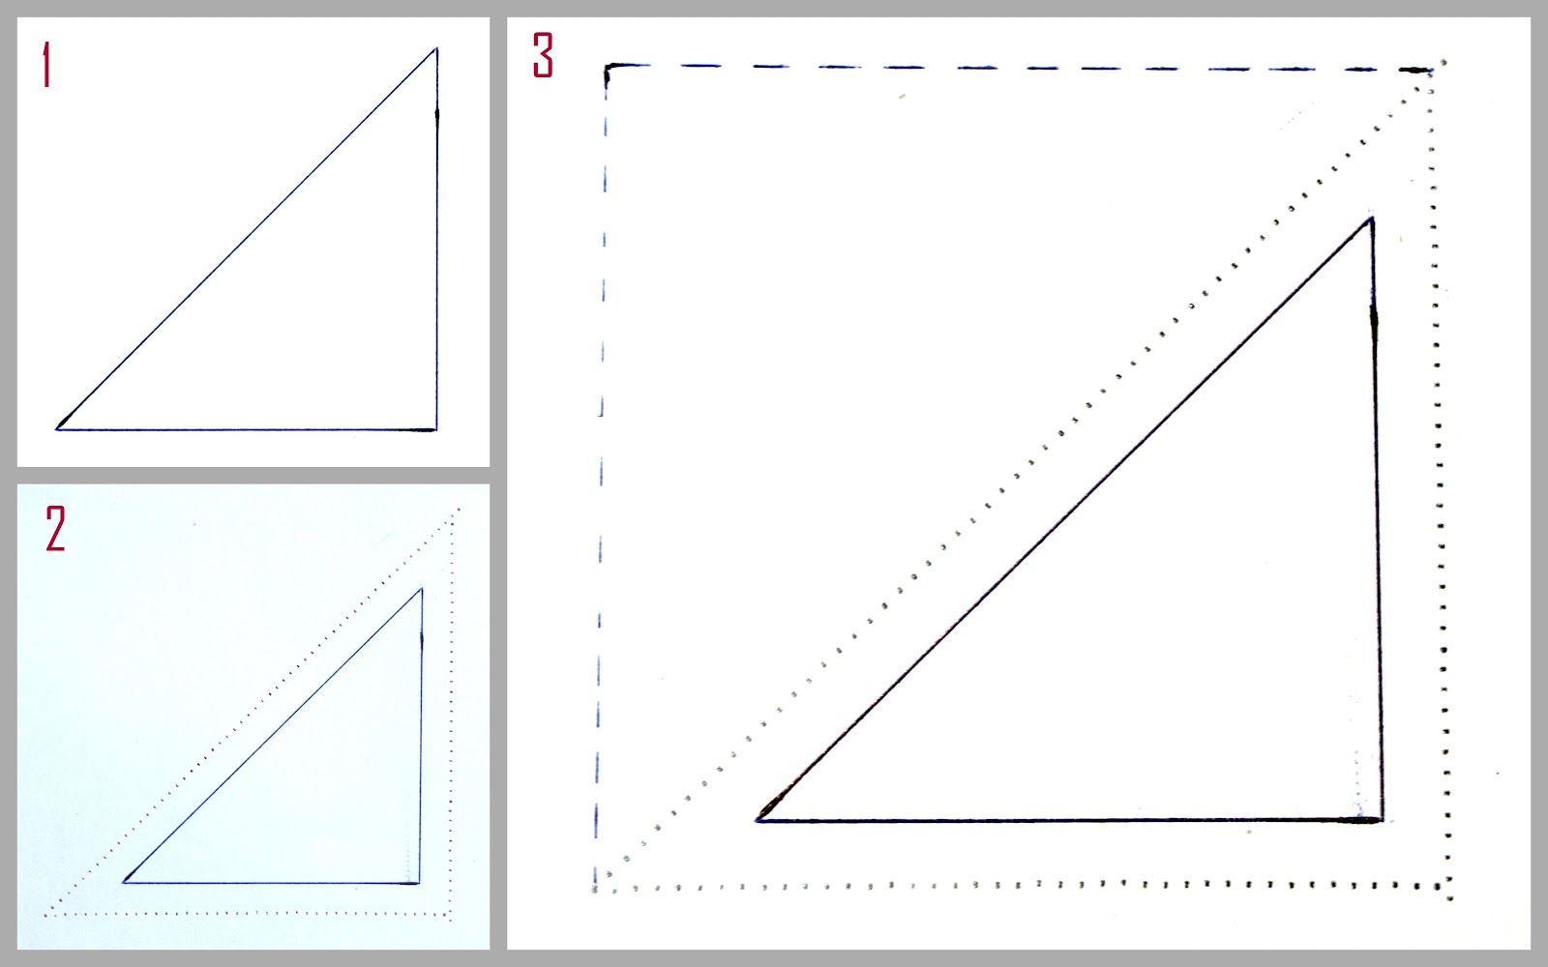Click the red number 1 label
pyautogui.click(x=46, y=64)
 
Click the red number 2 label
pyautogui.click(x=55, y=528)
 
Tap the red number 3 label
pyautogui.click(x=543, y=55)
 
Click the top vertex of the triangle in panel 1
pyautogui.click(x=436, y=48)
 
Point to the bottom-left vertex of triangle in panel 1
pyautogui.click(x=57, y=429)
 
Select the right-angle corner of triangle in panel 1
pyautogui.click(x=436, y=429)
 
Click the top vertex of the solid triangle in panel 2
pyautogui.click(x=422, y=589)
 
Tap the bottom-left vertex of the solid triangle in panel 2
pyautogui.click(x=124, y=882)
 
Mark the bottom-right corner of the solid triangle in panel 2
pyautogui.click(x=419, y=883)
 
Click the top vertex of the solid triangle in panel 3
pyautogui.click(x=1371, y=219)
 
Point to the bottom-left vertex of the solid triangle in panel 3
pyautogui.click(x=758, y=820)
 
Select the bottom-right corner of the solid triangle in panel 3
pyautogui.click(x=1382, y=821)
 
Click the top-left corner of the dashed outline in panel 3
pyautogui.click(x=607, y=67)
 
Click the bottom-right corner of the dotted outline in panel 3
pyautogui.click(x=1447, y=886)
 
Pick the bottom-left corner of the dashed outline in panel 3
pyautogui.click(x=595, y=887)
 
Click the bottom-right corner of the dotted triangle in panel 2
pyautogui.click(x=450, y=915)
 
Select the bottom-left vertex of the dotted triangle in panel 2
pyautogui.click(x=46, y=915)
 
